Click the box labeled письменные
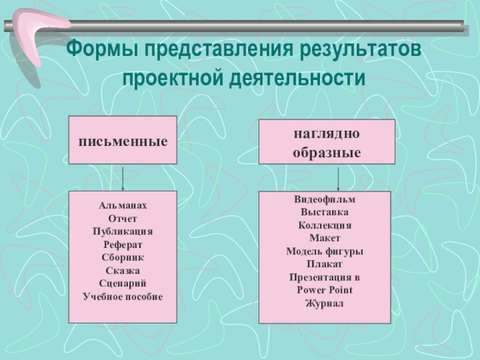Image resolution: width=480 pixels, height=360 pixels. pos(122,140)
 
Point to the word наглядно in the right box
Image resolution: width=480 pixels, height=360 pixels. pos(326,133)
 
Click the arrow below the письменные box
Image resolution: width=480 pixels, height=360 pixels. pos(123,178)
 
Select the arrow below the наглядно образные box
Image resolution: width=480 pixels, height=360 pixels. pos(339,178)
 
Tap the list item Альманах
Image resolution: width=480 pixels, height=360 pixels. pos(122,206)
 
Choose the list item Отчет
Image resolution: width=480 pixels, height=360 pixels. pos(122,218)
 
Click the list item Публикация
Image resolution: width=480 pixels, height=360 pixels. pos(122,232)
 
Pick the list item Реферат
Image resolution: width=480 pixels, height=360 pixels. pos(122,244)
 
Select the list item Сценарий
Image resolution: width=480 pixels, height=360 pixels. pos(122,283)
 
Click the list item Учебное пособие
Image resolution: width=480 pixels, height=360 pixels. pos(122,296)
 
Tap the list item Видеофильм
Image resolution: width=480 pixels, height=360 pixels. pos(325,199)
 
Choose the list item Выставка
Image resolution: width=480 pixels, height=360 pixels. pos(325,212)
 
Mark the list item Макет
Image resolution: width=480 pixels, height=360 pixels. pos(325,238)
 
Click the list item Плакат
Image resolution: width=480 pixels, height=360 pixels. pos(325,264)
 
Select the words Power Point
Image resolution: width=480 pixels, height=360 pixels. pos(325,290)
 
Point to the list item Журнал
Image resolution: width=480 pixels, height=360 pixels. pos(325,304)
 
